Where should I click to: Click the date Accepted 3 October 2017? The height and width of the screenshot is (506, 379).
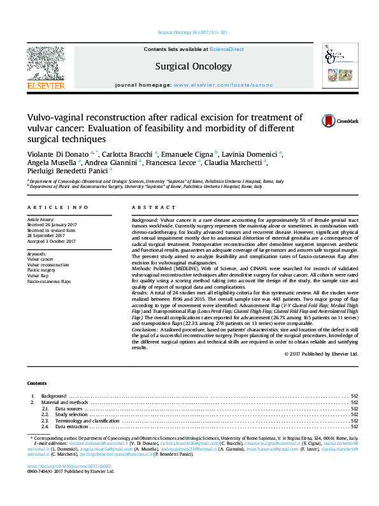point(51,242)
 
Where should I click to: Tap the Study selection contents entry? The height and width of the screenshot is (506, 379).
point(71,414)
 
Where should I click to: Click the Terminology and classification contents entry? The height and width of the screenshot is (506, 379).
point(88,421)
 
